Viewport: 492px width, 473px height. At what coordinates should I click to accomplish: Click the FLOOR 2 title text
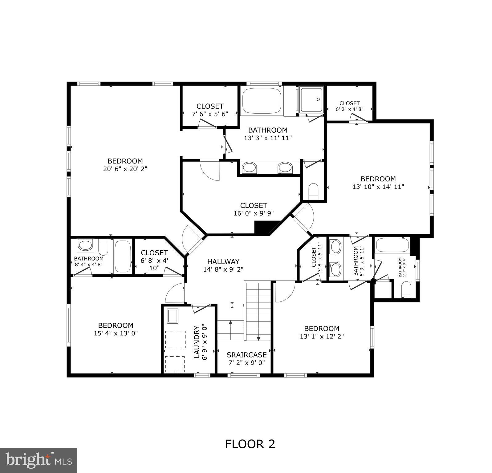250,444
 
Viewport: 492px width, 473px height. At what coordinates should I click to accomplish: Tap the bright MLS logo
39,460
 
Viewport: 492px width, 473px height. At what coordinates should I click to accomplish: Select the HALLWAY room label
223,261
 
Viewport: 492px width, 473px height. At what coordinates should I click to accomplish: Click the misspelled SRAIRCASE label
246,355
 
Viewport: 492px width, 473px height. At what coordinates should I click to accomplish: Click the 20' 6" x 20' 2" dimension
125,169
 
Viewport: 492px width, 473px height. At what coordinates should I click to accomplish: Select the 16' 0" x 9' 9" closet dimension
254,213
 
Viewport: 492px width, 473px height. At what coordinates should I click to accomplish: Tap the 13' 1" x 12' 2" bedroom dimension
322,336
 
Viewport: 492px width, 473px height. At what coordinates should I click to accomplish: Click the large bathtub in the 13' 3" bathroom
262,101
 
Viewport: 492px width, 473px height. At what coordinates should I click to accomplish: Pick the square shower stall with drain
312,100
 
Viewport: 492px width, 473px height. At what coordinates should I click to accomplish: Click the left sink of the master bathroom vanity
249,168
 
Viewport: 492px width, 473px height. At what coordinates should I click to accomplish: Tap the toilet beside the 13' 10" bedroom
313,191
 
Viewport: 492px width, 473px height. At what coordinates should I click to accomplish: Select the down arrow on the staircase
258,338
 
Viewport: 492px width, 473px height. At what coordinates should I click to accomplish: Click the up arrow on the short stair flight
230,322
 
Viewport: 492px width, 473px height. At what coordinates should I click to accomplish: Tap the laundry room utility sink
173,316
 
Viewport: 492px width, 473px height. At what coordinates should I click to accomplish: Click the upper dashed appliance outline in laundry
176,339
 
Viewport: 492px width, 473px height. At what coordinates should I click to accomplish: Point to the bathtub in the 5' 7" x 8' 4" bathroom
392,245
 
